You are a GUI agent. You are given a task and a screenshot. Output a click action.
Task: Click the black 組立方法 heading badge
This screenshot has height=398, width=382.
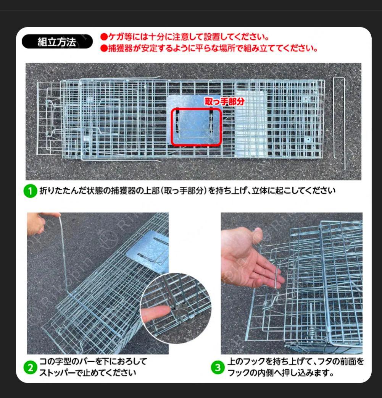point(56,42)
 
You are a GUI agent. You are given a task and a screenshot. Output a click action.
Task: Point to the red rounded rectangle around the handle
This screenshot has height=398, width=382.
point(196,127)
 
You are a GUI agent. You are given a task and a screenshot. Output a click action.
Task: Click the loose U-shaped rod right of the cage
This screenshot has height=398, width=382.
point(339,122)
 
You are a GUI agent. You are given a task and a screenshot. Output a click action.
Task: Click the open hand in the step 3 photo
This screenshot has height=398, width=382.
point(248,260)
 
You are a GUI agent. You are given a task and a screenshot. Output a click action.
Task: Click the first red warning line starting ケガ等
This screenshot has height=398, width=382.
point(185,37)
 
